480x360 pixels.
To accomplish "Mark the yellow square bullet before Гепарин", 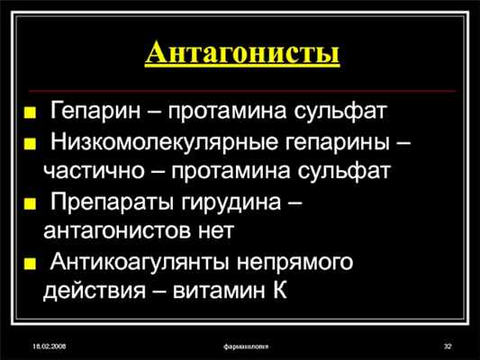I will click(32, 115).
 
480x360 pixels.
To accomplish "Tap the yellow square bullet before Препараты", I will click(32, 204).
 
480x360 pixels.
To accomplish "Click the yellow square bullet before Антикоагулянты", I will click(32, 265).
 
